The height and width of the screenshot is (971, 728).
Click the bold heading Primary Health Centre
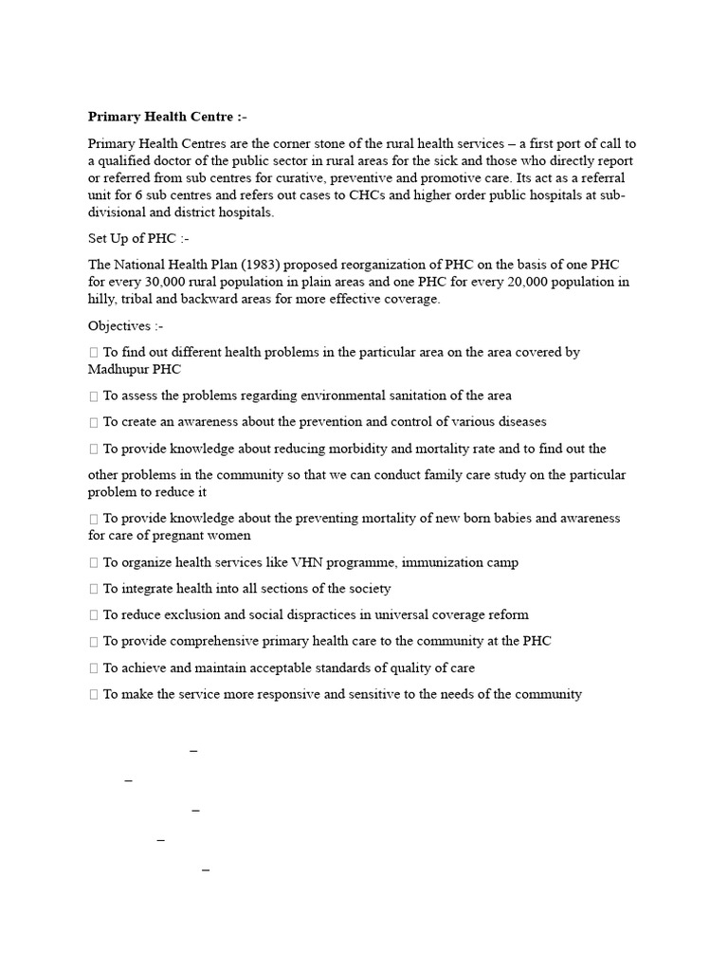coord(160,117)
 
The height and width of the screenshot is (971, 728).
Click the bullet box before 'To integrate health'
coord(93,589)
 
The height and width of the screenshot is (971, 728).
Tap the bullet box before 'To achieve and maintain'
coord(93,668)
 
